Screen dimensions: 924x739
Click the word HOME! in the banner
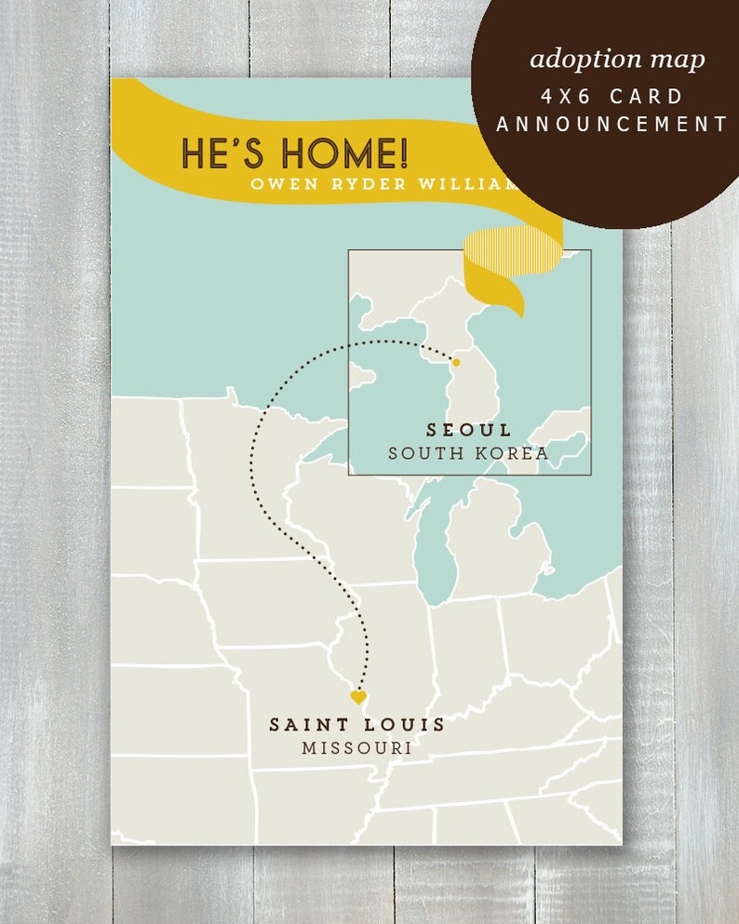coord(336,153)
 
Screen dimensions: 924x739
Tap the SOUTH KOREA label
coord(468,453)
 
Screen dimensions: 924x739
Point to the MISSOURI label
coord(356,748)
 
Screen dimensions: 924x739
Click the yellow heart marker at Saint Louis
coord(358,696)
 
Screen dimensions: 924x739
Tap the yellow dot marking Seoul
coord(456,361)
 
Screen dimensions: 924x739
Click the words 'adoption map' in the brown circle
coord(617,60)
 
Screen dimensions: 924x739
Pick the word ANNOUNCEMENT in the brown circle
coord(611,124)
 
